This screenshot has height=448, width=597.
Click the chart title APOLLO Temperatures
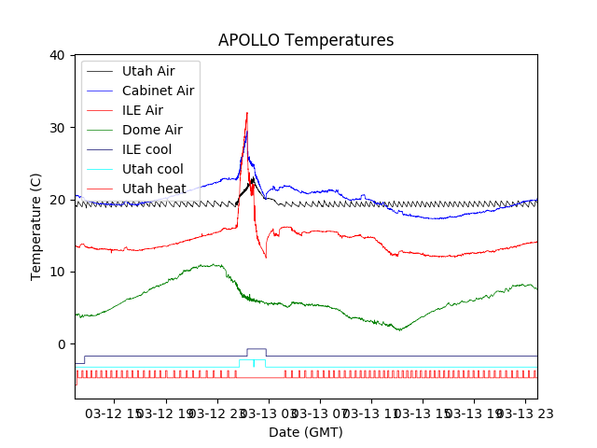coord(306,40)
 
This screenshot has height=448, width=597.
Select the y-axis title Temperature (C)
coord(36,226)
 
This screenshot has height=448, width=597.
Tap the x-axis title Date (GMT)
coord(306,432)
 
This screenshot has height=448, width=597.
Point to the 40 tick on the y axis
coord(58,55)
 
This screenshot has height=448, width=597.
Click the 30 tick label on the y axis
coord(58,128)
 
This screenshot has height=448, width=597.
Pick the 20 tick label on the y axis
coord(58,200)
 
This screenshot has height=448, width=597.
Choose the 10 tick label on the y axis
coord(58,272)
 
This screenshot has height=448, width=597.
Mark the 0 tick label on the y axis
coord(62,344)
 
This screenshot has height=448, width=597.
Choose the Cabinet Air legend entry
coord(158,91)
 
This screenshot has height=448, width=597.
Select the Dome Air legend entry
coord(152,130)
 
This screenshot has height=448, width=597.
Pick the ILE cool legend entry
coord(146,149)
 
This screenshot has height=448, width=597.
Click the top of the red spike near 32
coord(247,113)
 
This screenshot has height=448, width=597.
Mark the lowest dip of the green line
coord(399,329)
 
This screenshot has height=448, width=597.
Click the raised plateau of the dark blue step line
coord(256,349)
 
